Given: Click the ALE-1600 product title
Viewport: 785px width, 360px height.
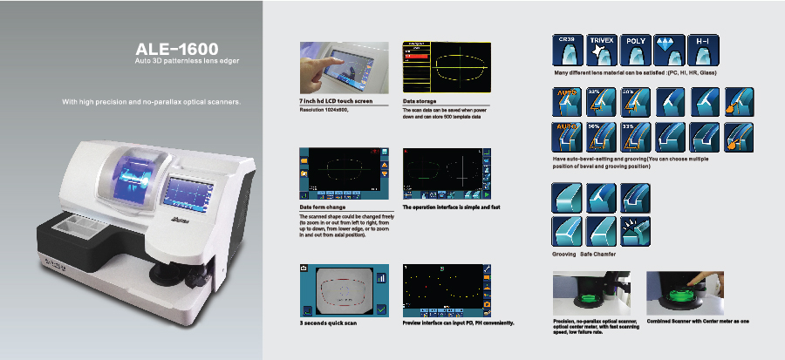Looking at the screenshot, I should pos(170,49).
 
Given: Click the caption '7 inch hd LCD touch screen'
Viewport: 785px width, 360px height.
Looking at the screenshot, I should pos(336,102).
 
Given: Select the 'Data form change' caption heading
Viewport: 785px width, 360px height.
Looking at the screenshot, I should pos(323,207).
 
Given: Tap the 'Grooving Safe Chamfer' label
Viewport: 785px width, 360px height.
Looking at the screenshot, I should pos(584,254).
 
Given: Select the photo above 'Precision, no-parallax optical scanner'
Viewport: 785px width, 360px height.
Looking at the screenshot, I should pos(590,292).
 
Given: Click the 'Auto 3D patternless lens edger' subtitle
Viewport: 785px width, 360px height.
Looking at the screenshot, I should pos(187,63).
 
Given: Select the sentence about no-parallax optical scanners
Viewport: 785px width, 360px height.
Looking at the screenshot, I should pos(150,102).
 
